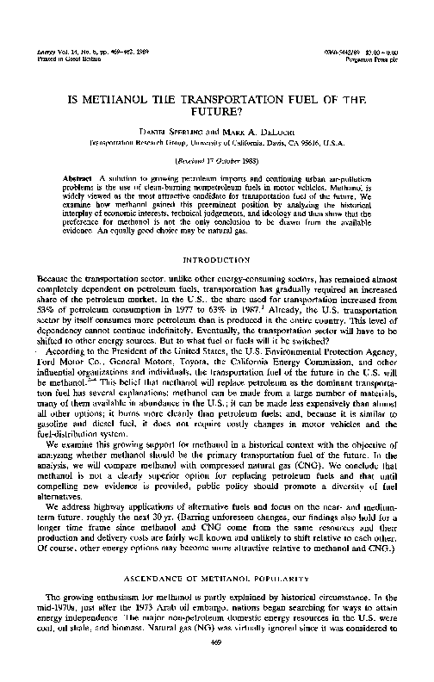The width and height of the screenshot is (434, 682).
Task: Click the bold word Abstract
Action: [79, 176]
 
